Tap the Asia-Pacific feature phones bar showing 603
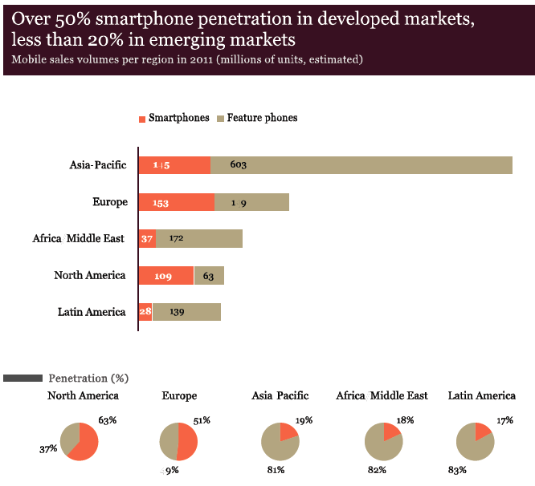(361, 165)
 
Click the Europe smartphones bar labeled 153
(176, 202)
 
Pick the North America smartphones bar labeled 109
(165, 276)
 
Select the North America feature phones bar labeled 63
(209, 276)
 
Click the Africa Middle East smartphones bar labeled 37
(147, 239)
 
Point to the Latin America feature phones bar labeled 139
(186, 312)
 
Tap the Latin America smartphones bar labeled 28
(145, 312)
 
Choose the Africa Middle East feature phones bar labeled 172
(198, 239)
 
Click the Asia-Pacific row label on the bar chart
(98, 165)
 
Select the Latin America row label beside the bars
(92, 312)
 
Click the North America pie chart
(79, 441)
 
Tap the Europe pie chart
(178, 441)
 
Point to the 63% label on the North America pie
(108, 419)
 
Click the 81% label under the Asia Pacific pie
(275, 469)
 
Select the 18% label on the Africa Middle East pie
(405, 419)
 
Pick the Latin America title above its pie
(482, 395)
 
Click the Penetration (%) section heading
(88, 378)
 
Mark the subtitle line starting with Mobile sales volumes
(187, 59)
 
